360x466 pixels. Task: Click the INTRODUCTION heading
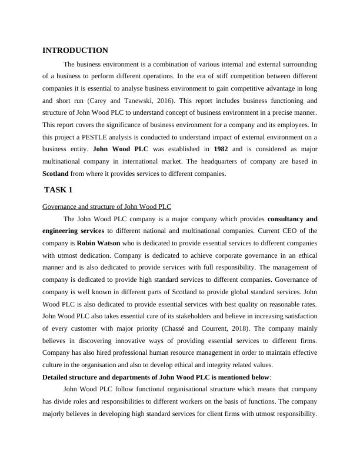pos(75,51)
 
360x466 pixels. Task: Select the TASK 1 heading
pos(59,189)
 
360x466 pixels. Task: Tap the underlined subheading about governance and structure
pos(107,207)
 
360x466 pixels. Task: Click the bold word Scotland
pos(55,174)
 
